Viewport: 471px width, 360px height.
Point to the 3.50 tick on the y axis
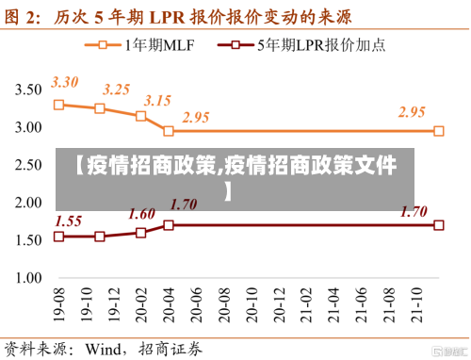(x=27, y=90)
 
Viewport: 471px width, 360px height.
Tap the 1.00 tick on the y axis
(x=27, y=278)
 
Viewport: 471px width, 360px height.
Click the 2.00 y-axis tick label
(x=27, y=203)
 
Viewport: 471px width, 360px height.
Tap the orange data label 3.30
(x=65, y=82)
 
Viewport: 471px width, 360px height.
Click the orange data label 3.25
(x=117, y=90)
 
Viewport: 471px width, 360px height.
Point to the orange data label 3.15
(x=157, y=100)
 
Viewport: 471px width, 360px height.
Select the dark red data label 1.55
(x=69, y=221)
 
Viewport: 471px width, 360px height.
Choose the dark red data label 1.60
(x=142, y=213)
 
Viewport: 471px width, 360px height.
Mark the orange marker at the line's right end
(x=439, y=131)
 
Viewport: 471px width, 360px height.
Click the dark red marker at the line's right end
(x=439, y=225)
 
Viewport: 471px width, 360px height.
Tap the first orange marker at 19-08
(x=58, y=105)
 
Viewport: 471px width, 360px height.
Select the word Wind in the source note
(x=106, y=348)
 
